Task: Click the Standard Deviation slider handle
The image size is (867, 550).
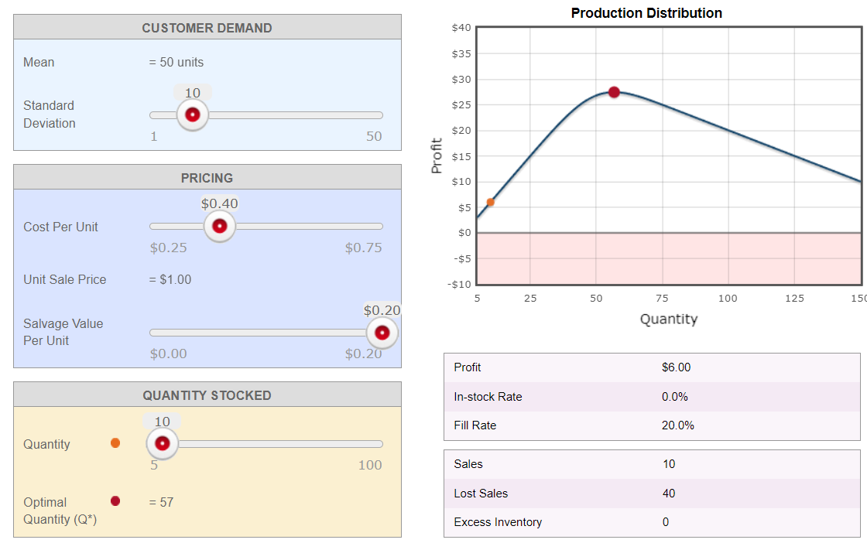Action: tap(192, 115)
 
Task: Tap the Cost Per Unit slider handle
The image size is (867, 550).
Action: tap(220, 226)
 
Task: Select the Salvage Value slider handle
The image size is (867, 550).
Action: tap(382, 333)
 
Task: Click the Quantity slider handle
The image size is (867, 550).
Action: tap(163, 444)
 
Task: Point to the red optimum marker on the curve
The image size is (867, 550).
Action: tap(614, 92)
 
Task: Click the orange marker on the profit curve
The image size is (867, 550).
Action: tap(490, 202)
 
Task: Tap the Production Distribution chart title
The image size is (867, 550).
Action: tap(646, 13)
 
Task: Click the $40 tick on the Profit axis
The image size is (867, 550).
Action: tap(461, 28)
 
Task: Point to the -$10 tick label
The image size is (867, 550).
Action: tap(459, 285)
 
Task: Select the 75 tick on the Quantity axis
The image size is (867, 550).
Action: tap(662, 299)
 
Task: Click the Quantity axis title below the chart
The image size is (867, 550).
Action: tap(668, 319)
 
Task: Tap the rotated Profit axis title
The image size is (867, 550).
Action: tap(437, 155)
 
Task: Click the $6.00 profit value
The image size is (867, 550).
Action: tap(676, 367)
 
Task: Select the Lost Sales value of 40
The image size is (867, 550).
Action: tap(669, 494)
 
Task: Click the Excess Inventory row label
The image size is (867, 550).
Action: tap(498, 522)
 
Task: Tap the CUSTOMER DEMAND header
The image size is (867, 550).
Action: tap(207, 28)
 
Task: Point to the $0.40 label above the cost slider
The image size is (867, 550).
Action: tap(220, 203)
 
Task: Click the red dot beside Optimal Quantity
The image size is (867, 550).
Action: tap(115, 501)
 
